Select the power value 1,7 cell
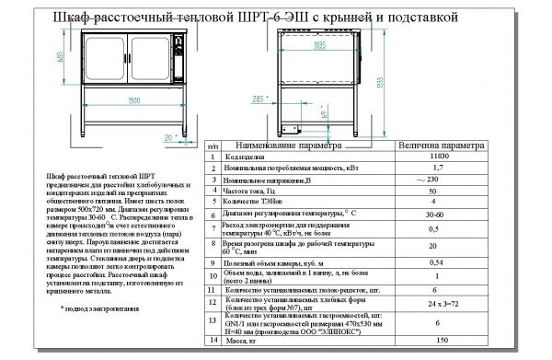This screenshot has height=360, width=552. (x=438, y=168)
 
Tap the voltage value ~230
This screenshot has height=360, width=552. (x=437, y=180)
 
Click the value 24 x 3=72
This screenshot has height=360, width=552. (x=438, y=302)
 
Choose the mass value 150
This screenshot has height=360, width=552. (x=438, y=340)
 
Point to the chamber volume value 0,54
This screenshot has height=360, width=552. (x=438, y=262)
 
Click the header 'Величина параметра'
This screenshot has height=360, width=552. (x=439, y=145)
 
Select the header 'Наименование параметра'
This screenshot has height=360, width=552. (x=290, y=145)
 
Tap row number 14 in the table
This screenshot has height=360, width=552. (x=213, y=340)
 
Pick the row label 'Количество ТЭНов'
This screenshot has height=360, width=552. (x=253, y=202)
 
